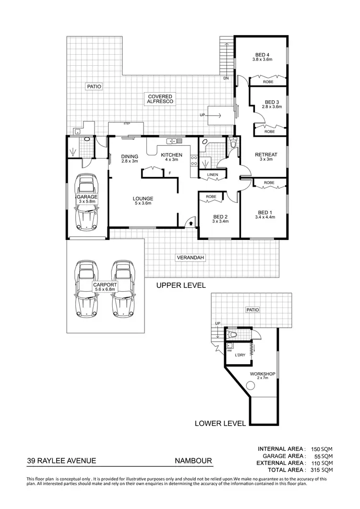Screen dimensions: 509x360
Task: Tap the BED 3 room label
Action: pos(272,102)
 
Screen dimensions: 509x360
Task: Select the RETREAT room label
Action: pos(266,154)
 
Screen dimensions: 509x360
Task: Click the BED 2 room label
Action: pos(220,216)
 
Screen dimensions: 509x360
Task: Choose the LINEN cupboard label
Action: pos(212,175)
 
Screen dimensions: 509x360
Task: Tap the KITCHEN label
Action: pos(171,154)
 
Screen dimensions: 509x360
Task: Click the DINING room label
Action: pos(130,156)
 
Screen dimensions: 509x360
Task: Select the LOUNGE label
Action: pos(143,198)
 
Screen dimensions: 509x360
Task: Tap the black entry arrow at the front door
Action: pos(191,223)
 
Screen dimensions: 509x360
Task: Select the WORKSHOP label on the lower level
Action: pos(262,373)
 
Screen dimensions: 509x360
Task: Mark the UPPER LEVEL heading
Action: pos(181,285)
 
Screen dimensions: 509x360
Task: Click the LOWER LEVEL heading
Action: pos(220,424)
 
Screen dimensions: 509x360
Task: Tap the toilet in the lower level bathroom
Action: pos(232,334)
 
